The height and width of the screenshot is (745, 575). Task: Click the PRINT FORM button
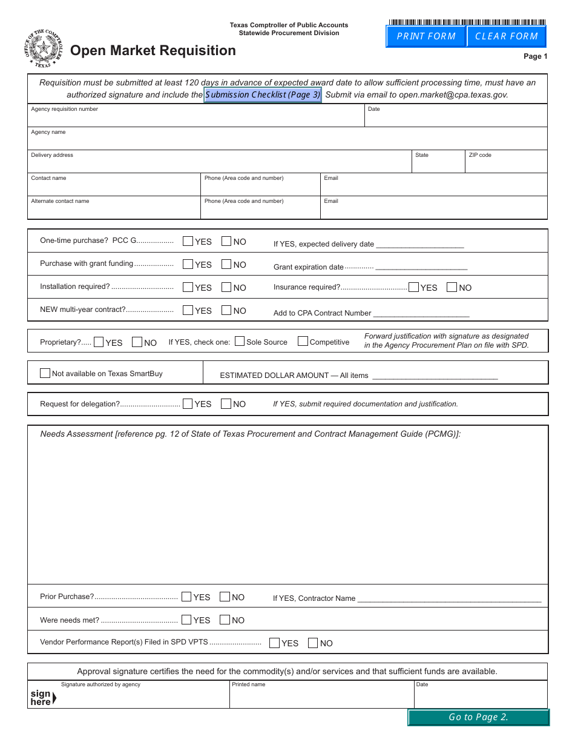tap(426, 36)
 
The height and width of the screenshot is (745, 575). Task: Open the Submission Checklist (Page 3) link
tap(263, 95)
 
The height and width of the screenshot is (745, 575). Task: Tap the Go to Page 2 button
tap(478, 717)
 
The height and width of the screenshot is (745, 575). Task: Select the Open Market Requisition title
tap(153, 51)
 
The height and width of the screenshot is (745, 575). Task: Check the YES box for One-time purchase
tap(188, 241)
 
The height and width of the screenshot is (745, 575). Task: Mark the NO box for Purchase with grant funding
tap(226, 264)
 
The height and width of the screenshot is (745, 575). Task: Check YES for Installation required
tap(188, 287)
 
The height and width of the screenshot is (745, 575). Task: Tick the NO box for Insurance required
tap(452, 287)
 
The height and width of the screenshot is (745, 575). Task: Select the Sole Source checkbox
tap(240, 341)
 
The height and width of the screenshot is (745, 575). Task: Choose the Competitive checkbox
tap(303, 341)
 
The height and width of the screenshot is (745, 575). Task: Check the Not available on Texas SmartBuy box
tap(45, 373)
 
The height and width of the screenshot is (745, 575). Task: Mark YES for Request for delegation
tap(188, 403)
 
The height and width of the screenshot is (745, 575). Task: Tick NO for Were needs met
tap(225, 620)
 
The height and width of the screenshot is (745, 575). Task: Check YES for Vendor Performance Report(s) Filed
tap(274, 643)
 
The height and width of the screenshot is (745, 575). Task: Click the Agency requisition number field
tap(195, 119)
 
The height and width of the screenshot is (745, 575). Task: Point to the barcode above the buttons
tap(466, 22)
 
